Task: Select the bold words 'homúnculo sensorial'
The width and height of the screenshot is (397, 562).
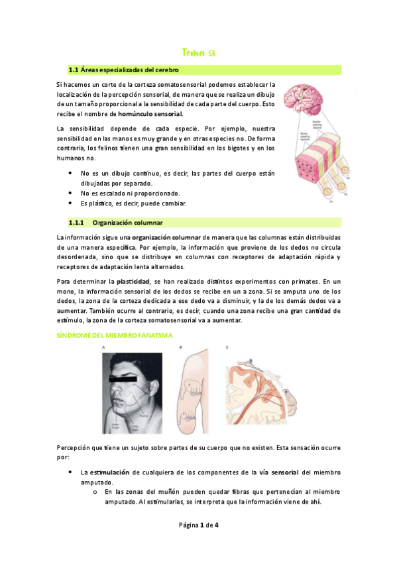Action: [150, 114]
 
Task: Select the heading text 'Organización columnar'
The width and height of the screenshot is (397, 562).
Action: [128, 222]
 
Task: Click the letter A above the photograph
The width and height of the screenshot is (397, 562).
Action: [103, 347]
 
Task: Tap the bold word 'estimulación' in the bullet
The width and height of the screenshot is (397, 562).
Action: [104, 472]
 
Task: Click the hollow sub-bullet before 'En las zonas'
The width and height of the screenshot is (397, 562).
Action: [95, 492]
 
